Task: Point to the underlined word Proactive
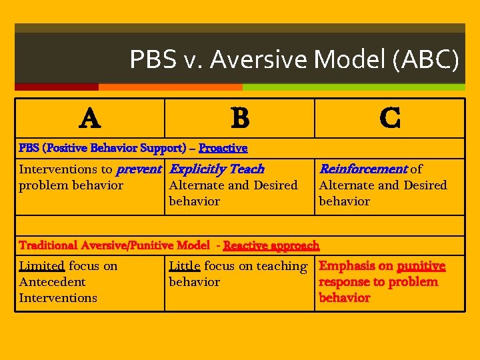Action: [x=223, y=148]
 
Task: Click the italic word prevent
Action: [x=139, y=169]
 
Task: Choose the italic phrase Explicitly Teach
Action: [x=217, y=169]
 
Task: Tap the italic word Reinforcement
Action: [x=363, y=169]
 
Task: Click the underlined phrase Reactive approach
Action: [x=271, y=246]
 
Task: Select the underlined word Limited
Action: [x=41, y=266]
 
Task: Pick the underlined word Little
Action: [x=185, y=266]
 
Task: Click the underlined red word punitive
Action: [x=421, y=266]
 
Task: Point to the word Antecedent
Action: [x=52, y=282]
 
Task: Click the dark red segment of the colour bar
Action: [x=57, y=87]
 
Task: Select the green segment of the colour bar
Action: [x=353, y=87]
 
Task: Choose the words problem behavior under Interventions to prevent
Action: [x=71, y=185]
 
